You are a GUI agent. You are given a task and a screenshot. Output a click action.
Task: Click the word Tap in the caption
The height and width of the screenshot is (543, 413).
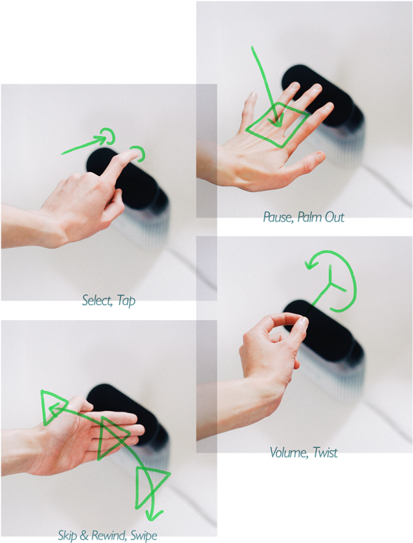126,300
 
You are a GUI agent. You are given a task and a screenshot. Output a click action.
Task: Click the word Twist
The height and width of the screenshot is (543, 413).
324,453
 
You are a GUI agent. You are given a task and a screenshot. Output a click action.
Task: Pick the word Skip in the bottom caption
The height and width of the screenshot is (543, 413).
69,536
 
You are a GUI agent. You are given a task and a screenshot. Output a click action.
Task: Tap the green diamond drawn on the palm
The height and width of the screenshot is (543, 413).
277,125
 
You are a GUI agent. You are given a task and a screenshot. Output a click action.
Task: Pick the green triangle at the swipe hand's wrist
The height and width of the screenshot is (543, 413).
51,407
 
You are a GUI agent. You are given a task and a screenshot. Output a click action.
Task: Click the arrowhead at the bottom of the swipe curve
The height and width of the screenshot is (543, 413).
154,515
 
